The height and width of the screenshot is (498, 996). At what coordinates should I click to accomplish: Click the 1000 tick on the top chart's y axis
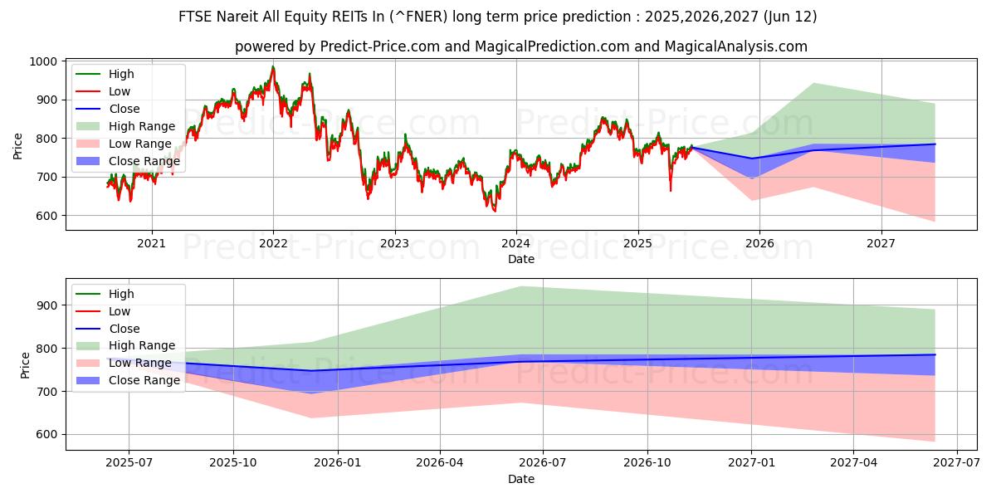tap(43, 61)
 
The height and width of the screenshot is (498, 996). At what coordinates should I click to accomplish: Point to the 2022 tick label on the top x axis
tap(273, 243)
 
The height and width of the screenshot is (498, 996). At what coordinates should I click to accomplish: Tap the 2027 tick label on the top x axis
tap(881, 243)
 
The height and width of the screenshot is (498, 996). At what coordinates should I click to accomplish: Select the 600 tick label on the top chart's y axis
tap(46, 216)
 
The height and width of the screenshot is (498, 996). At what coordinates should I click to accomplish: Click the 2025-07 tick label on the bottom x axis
tap(129, 462)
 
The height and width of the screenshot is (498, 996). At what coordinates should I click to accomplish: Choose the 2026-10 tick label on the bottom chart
tap(647, 462)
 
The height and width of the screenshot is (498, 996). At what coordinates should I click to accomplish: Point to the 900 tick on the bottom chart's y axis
tap(46, 305)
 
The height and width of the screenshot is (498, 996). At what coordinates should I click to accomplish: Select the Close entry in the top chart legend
tap(124, 109)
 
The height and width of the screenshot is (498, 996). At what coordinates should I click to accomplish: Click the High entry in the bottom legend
tap(121, 294)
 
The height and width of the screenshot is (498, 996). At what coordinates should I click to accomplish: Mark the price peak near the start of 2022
tap(273, 66)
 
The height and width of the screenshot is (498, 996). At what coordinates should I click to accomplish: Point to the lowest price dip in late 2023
tap(495, 211)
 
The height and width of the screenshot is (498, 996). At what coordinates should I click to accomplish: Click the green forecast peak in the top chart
tap(813, 83)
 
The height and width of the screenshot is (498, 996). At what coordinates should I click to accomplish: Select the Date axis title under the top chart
tap(521, 260)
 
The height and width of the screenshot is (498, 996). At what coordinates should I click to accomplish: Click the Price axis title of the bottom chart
tap(25, 364)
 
